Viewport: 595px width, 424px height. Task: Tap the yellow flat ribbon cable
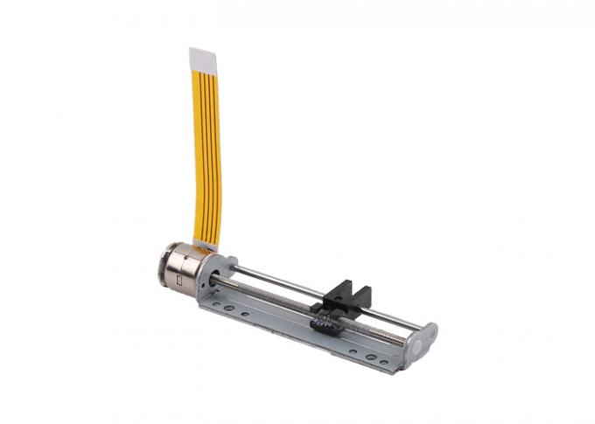206,149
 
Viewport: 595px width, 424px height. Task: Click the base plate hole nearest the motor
216,302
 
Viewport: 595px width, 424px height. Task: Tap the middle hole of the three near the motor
228,307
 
